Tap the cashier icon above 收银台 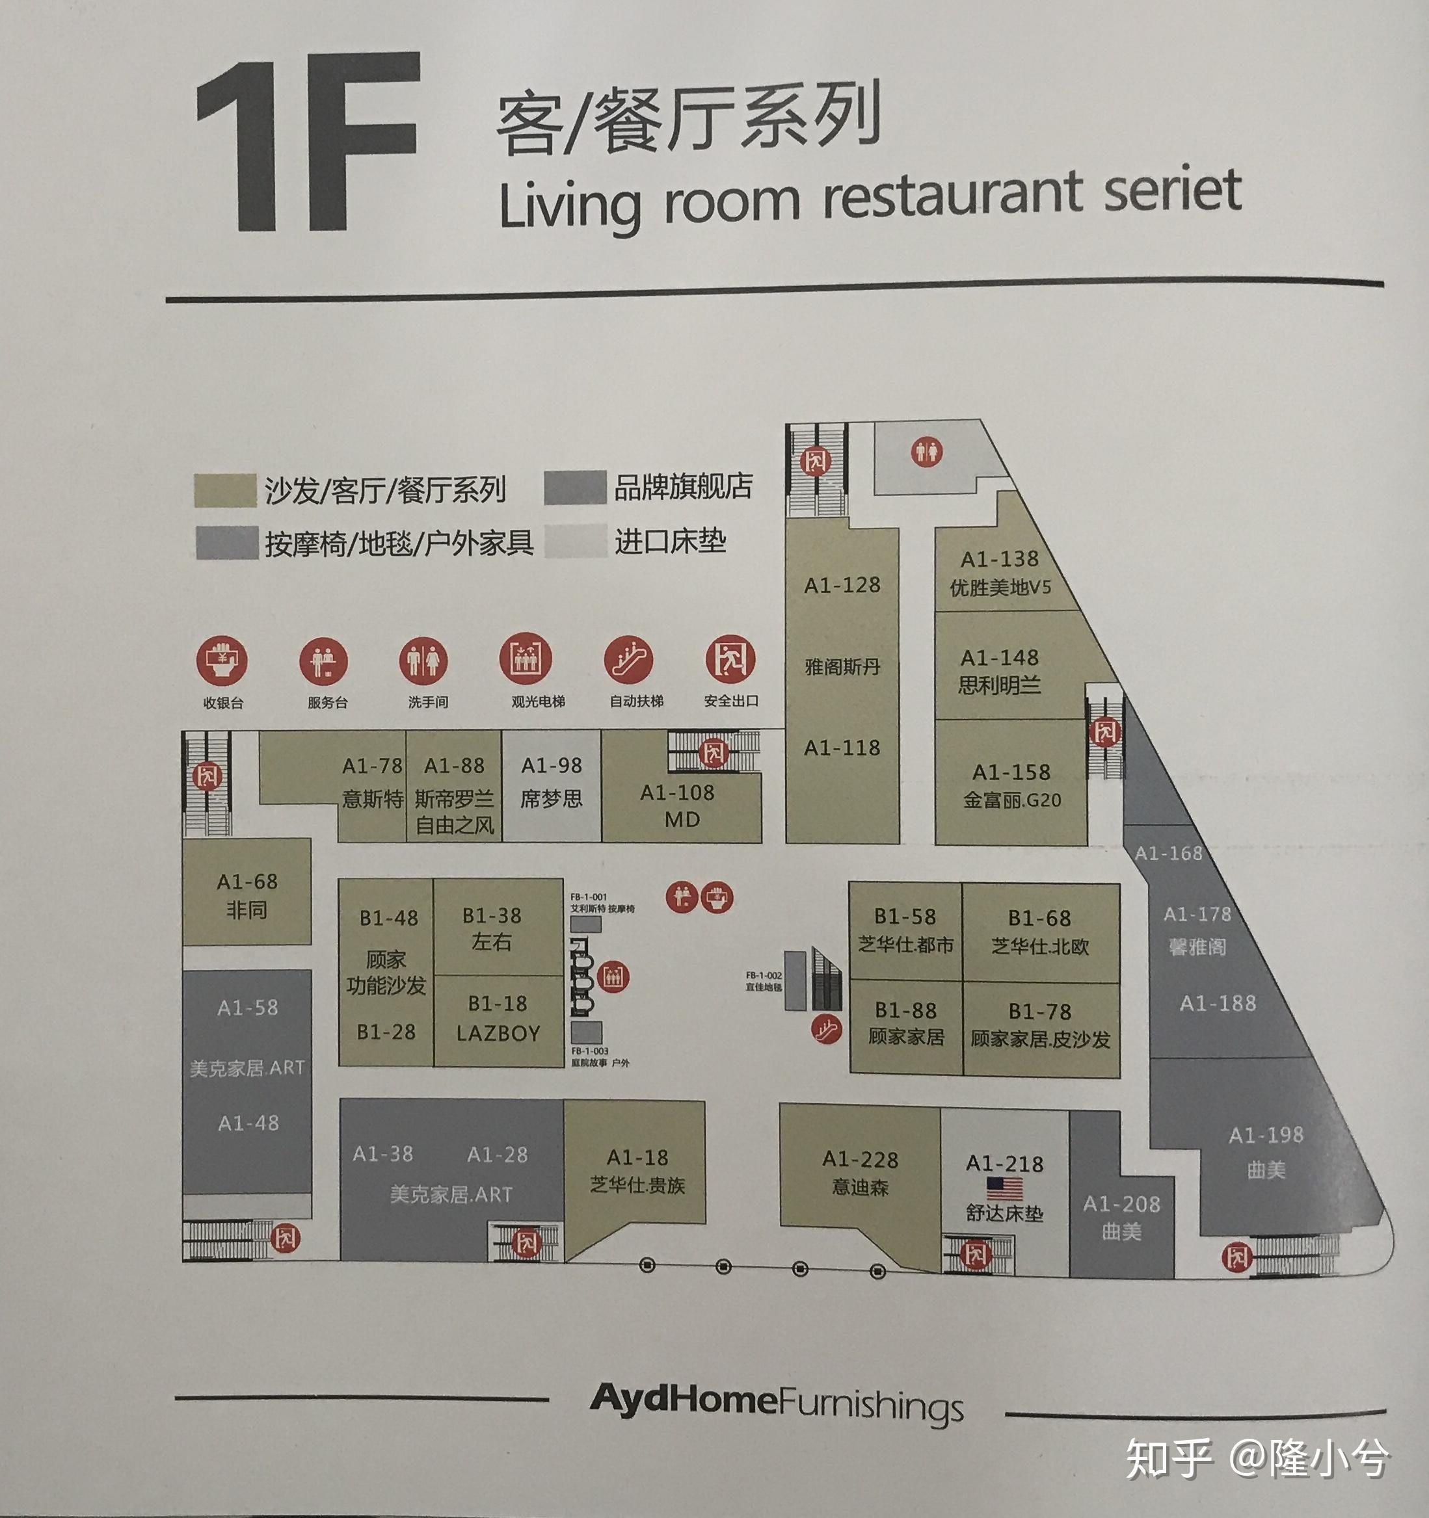(222, 660)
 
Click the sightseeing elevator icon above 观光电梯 (526, 657)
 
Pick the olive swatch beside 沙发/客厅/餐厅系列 (224, 490)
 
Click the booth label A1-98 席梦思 (552, 782)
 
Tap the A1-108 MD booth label (678, 805)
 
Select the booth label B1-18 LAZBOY (498, 1018)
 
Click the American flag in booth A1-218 (1004, 1188)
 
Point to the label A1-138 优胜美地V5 (1000, 573)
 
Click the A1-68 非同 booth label (247, 895)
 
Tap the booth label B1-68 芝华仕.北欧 (1039, 932)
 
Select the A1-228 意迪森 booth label (860, 1173)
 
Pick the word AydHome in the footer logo (684, 1400)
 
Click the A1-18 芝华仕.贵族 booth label (637, 1171)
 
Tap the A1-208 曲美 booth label (1121, 1217)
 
